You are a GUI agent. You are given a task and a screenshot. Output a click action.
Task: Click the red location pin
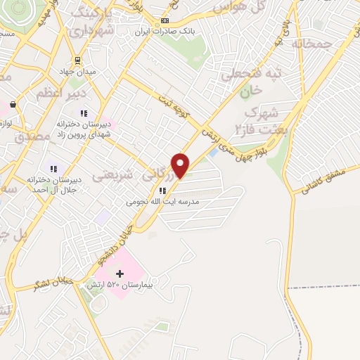pos(181,165)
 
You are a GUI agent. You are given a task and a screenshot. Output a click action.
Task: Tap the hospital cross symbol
pos(120,273)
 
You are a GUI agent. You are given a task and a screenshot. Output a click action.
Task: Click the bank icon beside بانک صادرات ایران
pos(165,20)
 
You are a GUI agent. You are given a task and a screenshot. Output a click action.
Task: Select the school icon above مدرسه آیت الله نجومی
pos(162,190)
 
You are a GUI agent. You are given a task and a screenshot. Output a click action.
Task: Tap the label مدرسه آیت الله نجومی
pos(162,201)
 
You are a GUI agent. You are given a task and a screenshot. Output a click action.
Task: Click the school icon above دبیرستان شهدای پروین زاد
pos(84,113)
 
